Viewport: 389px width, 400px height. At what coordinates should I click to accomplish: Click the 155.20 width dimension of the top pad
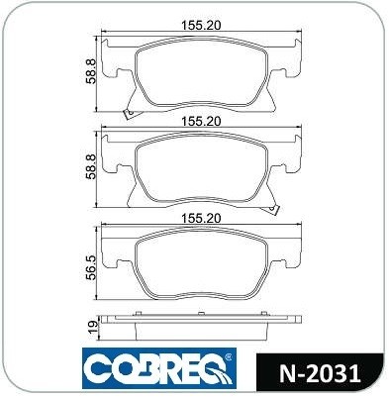(201, 26)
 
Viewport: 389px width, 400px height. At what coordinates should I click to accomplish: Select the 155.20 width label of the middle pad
(201, 122)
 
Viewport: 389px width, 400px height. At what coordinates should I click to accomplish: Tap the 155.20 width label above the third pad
(201, 218)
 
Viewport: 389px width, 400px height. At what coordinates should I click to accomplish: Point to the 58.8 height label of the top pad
(90, 71)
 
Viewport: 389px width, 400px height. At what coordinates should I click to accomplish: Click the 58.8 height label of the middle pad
(90, 167)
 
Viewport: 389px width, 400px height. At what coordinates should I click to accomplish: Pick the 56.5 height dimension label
(90, 267)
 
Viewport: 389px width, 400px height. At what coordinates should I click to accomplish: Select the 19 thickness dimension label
(94, 326)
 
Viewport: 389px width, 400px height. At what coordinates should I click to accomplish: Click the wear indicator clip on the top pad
(129, 114)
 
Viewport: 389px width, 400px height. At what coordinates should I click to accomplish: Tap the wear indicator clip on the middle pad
(272, 209)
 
